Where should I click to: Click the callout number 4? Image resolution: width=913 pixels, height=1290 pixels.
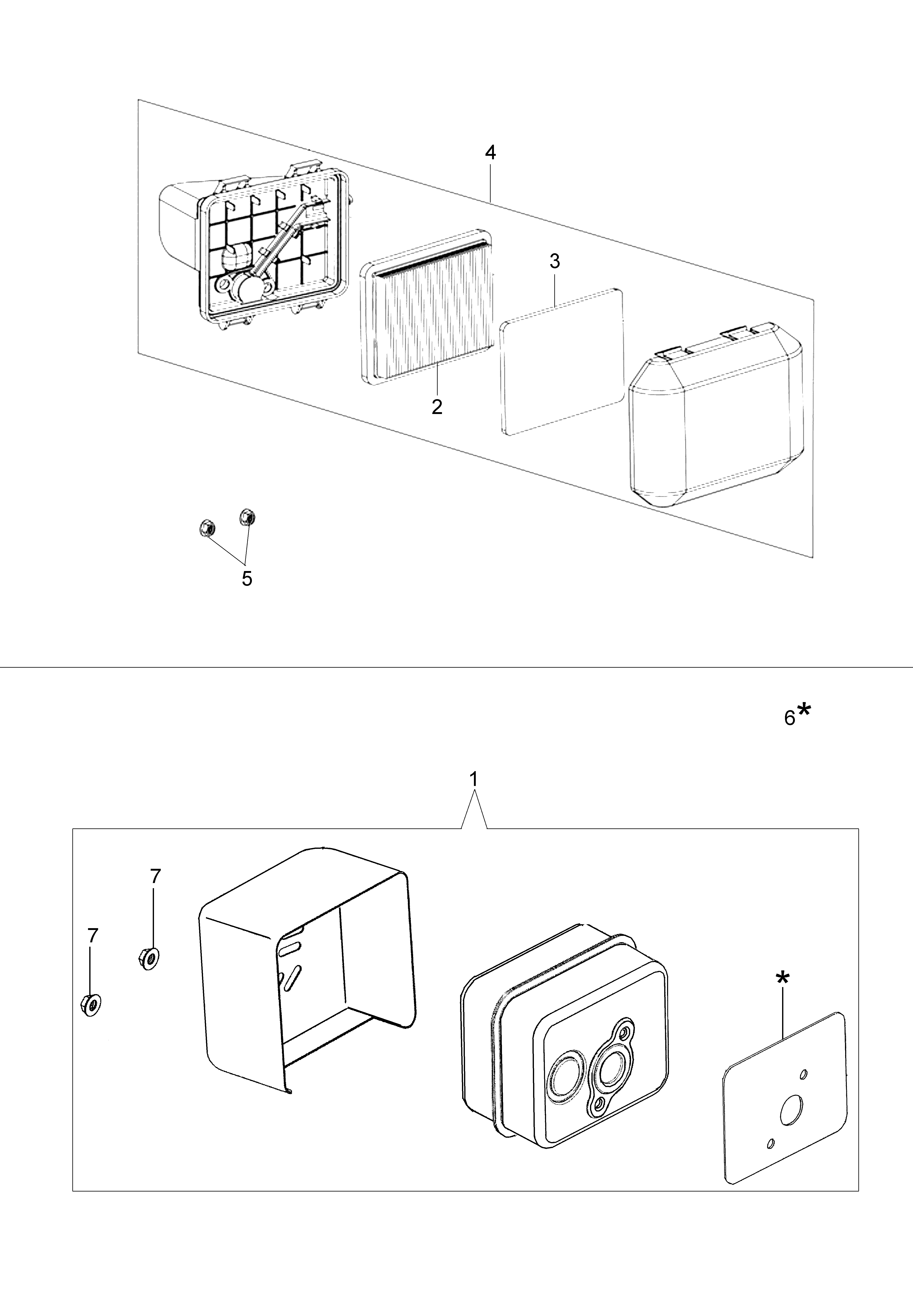coord(490,153)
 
